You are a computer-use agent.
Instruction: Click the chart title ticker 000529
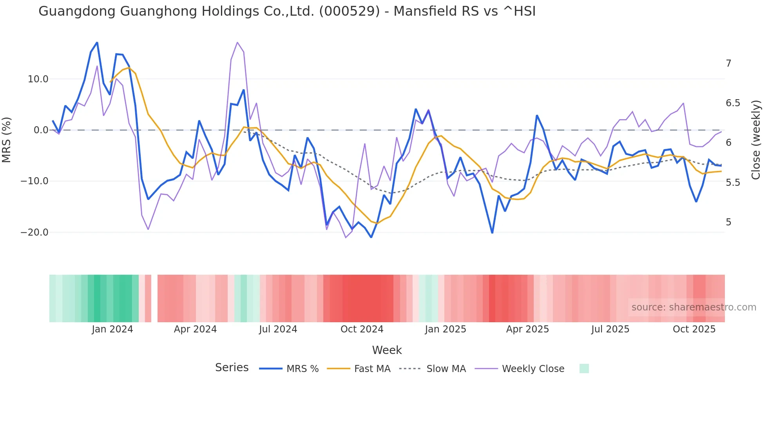[349, 11]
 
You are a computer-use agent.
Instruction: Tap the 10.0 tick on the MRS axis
[38, 79]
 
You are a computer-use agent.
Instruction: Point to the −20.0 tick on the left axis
[35, 232]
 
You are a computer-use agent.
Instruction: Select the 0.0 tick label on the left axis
[41, 130]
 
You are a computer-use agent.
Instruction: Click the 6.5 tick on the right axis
[733, 103]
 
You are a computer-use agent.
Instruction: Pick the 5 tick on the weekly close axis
[728, 222]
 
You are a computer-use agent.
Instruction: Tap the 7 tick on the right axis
[728, 64]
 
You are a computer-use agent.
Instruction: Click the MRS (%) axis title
[7, 140]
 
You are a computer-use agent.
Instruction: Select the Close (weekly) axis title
[755, 140]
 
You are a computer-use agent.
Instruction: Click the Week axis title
[387, 350]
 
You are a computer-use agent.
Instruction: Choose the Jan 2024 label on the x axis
[112, 329]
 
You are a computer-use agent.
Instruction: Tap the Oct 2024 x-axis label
[362, 329]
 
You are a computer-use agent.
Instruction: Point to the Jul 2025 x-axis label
[610, 329]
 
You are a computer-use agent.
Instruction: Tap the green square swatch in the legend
[584, 368]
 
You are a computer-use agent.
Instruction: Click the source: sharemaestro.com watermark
[694, 307]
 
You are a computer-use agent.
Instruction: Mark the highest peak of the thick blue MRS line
[97, 42]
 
